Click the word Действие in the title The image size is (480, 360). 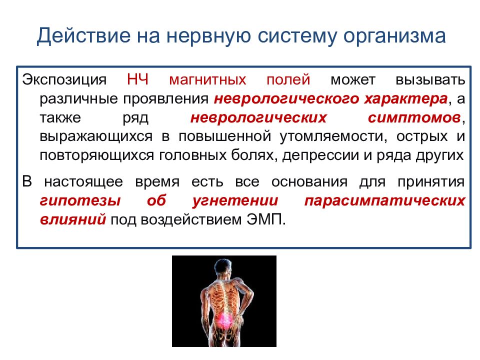pos(83,36)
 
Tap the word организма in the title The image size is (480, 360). pos(394,36)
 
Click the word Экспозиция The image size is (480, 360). pos(64,80)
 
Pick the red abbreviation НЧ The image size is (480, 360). pos(138,79)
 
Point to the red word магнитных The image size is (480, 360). pos(207,80)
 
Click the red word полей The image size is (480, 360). pos(288,79)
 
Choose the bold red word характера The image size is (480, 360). pos(406,99)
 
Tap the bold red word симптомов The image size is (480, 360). pos(415,118)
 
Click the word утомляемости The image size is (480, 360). pos(333,136)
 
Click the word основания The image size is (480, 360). pos(309,182)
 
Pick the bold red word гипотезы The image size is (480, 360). pos(80,201)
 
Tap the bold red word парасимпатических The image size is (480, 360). pos(385,201)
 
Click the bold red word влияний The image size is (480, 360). pos(73,220)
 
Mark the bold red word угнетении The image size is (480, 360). pos(235,201)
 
